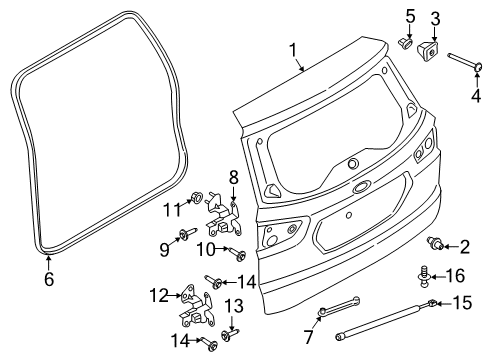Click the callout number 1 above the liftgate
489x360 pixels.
coord(292,48)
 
